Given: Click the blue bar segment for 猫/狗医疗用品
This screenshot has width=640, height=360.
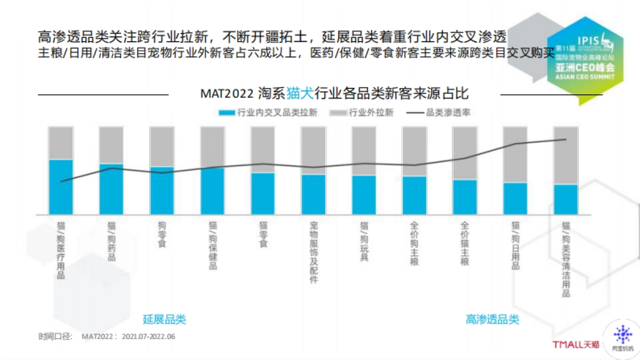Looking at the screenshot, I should (61, 187).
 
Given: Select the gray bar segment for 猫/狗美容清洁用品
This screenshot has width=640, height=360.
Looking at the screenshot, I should (565, 155).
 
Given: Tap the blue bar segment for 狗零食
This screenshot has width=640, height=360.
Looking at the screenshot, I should (162, 190).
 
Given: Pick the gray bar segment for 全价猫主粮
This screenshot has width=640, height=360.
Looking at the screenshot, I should (465, 153).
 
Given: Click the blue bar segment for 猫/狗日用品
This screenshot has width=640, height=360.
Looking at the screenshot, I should (515, 198).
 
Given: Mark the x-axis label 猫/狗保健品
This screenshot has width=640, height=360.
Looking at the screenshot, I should (212, 245).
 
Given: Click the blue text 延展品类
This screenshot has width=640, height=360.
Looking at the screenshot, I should (164, 319).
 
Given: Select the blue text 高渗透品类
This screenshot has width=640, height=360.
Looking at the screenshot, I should (492, 319).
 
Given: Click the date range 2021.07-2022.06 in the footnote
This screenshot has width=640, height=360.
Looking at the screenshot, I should (148, 337).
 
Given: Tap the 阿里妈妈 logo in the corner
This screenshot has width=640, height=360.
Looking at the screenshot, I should (622, 339).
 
